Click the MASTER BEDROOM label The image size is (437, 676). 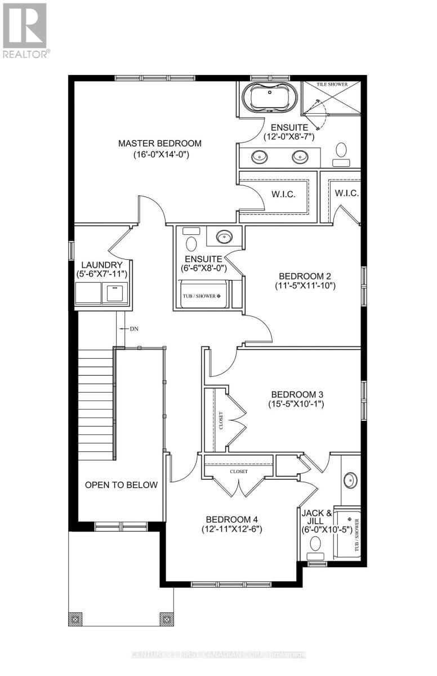pos(159,144)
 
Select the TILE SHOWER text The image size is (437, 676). pos(332,84)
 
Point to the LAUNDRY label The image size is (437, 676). pos(102,265)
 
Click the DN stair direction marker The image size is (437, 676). pos(133,328)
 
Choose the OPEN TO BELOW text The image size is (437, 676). pos(121,485)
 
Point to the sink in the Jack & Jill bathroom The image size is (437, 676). pos(350,481)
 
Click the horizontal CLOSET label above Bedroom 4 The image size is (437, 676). pos(238,472)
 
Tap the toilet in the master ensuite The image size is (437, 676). pos(341,152)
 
